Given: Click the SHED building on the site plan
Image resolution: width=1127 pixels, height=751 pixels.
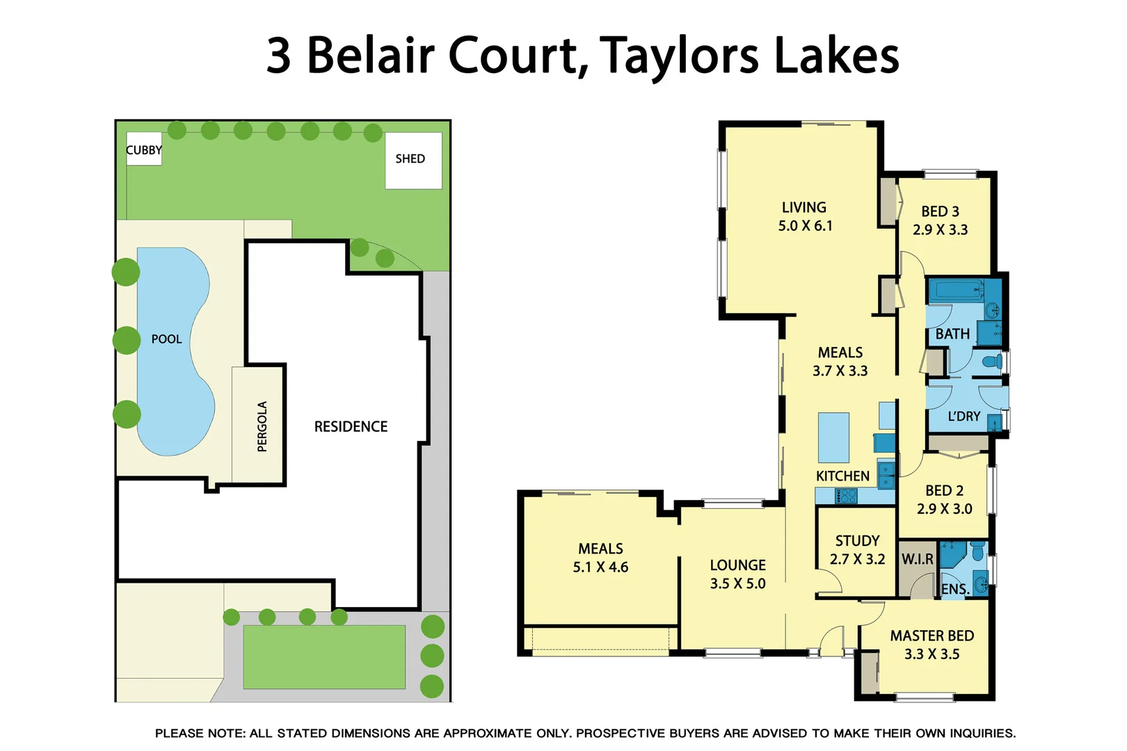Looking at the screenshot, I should tap(413, 161).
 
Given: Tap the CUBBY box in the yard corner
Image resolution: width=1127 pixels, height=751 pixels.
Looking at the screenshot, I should tap(144, 149).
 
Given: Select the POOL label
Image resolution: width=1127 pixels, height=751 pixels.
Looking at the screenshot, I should tap(166, 339).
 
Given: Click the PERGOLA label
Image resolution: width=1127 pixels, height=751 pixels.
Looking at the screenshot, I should tap(262, 426).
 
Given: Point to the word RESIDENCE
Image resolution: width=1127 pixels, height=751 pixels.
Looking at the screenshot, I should tap(351, 427).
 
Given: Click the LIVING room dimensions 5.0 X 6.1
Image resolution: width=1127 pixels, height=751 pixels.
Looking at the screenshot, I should tap(805, 226).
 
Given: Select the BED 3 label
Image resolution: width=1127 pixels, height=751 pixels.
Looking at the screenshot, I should tap(940, 211).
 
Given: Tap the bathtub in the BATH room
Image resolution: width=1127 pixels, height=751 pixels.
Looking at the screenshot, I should tap(955, 290).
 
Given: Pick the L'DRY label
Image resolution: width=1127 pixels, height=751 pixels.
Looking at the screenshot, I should tap(964, 417).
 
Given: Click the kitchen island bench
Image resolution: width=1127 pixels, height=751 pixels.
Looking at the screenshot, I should tap(833, 437).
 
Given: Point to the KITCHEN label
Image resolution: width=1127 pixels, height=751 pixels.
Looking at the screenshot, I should tap(842, 476).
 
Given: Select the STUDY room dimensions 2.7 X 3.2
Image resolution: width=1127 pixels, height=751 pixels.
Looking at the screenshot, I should tap(857, 559).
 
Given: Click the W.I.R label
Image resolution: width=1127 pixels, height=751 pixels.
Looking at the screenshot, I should tap(917, 559).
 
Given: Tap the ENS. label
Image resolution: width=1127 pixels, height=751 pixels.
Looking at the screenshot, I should tap(954, 590).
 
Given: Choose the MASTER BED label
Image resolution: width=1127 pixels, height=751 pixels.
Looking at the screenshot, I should tap(932, 636).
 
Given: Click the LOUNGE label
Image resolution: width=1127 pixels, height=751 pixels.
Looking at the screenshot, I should tap(737, 565).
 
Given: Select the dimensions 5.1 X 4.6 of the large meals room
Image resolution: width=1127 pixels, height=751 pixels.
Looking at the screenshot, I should tap(600, 567).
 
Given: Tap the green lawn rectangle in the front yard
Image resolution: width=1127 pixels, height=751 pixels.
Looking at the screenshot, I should tap(324, 656).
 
